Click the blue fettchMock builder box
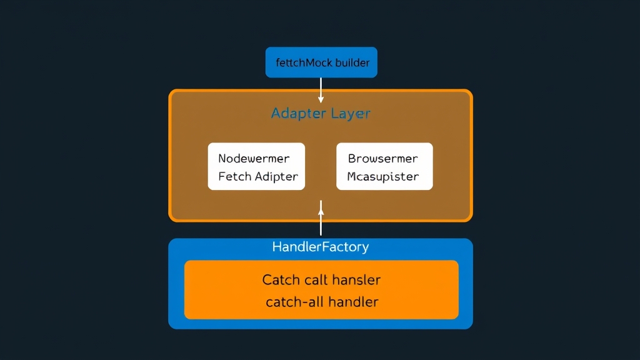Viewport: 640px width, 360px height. (x=321, y=62)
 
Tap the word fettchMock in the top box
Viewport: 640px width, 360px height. (x=304, y=63)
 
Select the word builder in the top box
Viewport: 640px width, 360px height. (x=352, y=63)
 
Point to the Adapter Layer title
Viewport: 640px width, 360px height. (x=321, y=114)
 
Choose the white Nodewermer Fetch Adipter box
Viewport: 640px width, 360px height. (x=257, y=166)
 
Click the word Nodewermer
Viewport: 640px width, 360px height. (x=254, y=158)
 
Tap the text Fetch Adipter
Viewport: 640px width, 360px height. (x=258, y=176)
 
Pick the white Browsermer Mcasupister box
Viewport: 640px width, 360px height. (x=384, y=166)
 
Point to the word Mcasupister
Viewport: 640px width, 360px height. (x=383, y=176)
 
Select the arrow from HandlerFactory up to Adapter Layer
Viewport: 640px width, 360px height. (x=321, y=219)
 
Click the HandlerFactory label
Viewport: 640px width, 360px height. (x=321, y=247)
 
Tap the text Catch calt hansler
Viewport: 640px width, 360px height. (x=321, y=279)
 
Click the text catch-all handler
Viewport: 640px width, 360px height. (x=322, y=302)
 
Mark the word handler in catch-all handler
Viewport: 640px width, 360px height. (x=354, y=302)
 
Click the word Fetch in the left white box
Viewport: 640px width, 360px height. (x=234, y=176)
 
